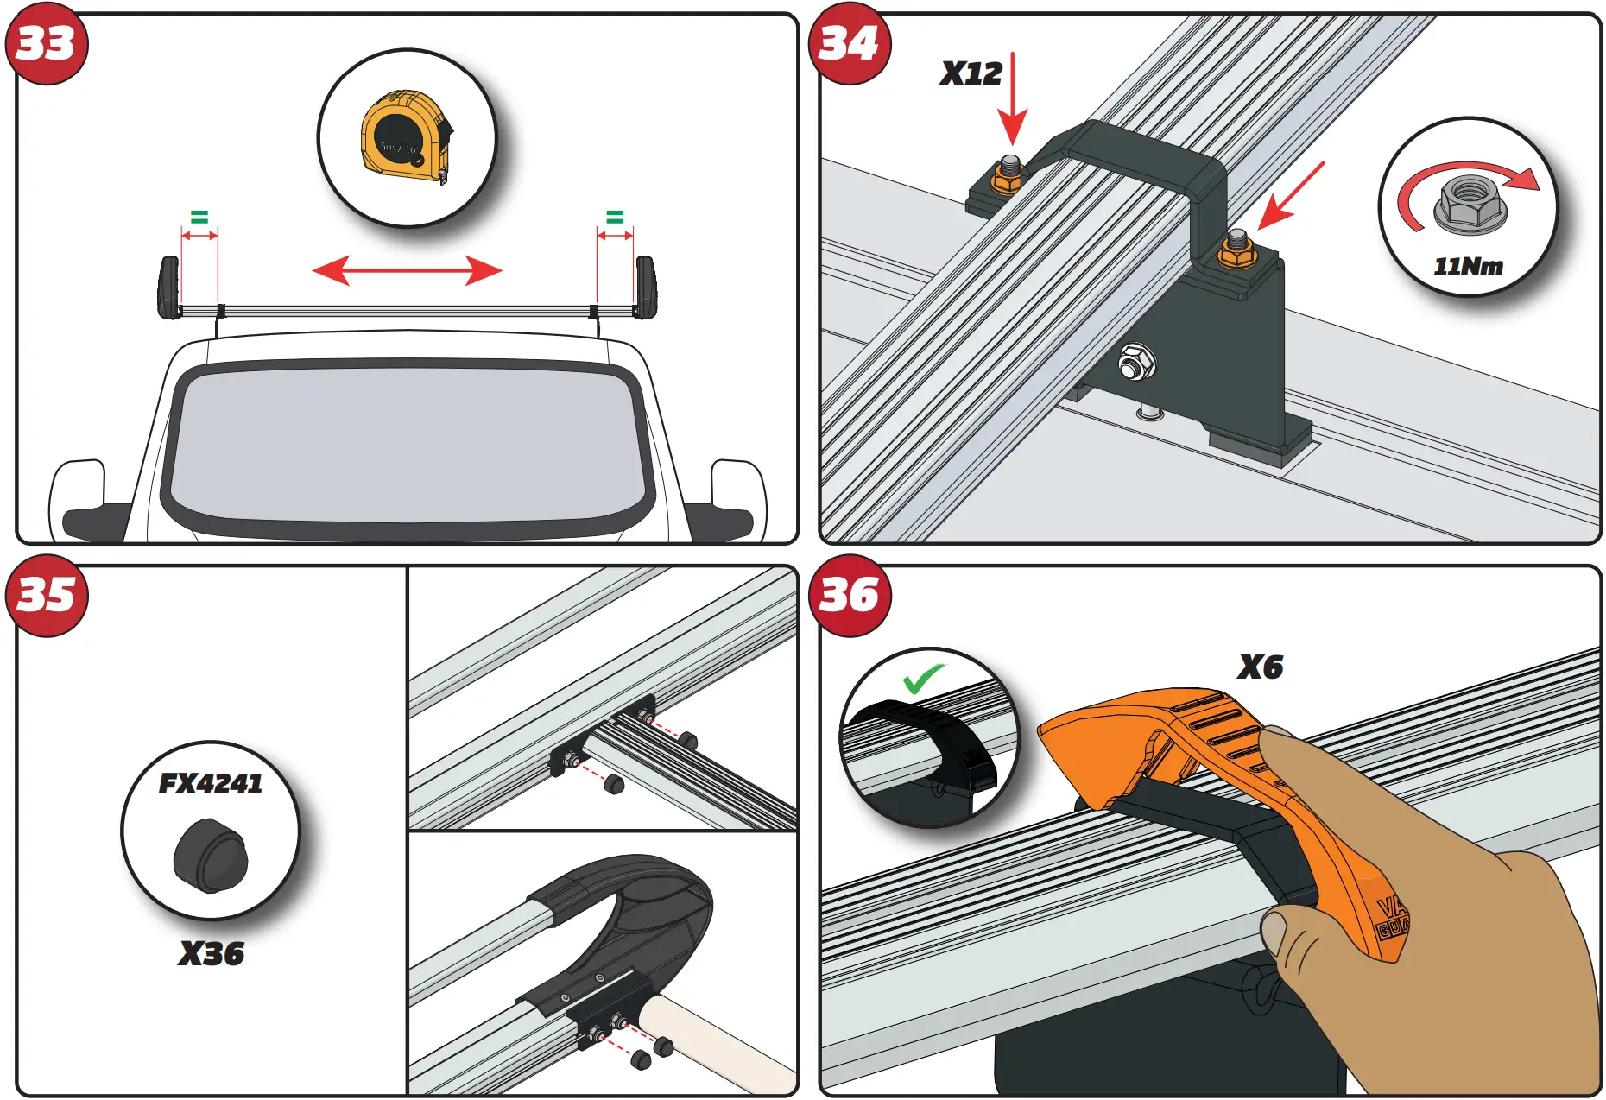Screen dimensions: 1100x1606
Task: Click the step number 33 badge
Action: (x=47, y=43)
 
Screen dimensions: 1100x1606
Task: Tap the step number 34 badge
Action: (x=850, y=43)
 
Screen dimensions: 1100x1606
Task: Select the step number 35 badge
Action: (x=47, y=596)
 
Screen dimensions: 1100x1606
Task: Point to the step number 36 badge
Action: (x=850, y=596)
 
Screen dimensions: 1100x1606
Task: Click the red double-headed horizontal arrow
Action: (x=407, y=270)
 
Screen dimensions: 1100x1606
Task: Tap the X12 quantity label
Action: (x=971, y=74)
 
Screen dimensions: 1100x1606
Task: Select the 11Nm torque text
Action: (x=1468, y=267)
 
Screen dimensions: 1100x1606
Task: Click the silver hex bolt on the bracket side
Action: (x=1136, y=362)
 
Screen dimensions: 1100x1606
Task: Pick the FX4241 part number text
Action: (x=211, y=783)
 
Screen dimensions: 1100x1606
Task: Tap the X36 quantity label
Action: (x=212, y=953)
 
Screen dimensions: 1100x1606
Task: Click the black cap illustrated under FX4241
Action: (x=210, y=856)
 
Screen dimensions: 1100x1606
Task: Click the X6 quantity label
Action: (x=1260, y=667)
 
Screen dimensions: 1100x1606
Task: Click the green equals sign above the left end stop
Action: (x=199, y=217)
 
